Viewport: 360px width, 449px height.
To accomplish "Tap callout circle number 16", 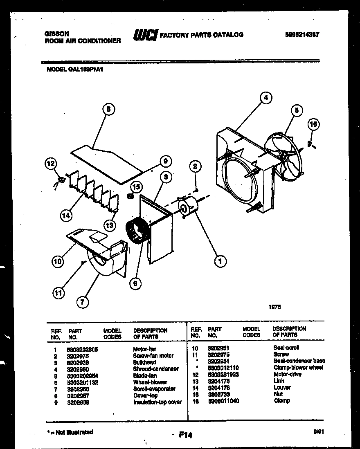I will (x=313, y=124).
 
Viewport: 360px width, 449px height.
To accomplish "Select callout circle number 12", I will (x=50, y=164).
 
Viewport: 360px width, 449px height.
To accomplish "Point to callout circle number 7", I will (x=83, y=302).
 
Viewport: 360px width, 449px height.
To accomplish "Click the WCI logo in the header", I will (x=144, y=35).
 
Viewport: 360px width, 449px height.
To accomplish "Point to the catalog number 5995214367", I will (x=302, y=35).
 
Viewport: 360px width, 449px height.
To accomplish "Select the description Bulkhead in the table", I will (x=144, y=362).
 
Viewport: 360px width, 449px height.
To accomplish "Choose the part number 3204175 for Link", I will (x=219, y=381).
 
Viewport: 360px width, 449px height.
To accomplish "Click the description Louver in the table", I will (x=282, y=387).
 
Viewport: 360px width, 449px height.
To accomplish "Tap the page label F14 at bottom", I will (x=185, y=436).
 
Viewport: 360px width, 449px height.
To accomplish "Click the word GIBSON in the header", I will (x=56, y=34).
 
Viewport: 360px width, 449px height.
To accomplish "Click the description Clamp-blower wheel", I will (x=298, y=368).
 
